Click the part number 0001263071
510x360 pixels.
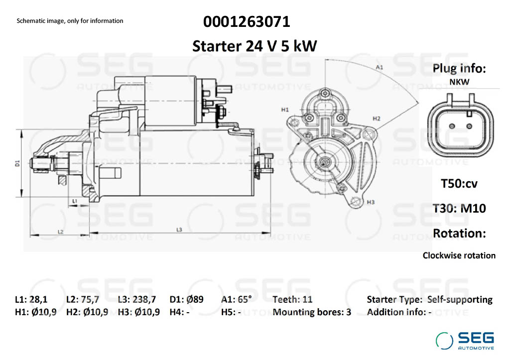[247, 22]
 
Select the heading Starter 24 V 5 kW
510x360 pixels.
[255, 46]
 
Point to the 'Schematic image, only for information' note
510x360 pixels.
[70, 21]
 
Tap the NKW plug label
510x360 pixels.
[459, 82]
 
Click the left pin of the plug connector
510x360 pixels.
[451, 126]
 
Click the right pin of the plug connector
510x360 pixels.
[469, 126]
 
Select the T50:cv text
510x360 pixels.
[459, 184]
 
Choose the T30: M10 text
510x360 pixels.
[459, 208]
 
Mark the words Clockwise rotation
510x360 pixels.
[459, 255]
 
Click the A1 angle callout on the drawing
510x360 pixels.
[379, 67]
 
